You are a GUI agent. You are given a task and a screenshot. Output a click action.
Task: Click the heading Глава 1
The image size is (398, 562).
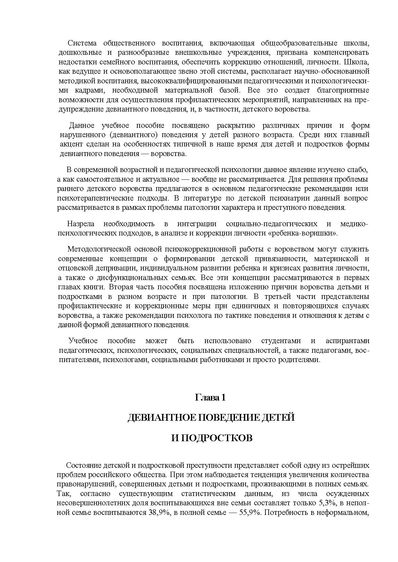(210, 398)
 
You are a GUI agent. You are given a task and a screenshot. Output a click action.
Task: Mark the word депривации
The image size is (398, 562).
(110, 268)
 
